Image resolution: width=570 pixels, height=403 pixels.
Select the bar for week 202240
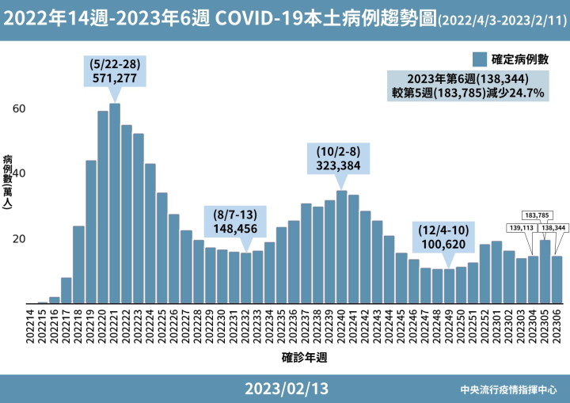click(341, 247)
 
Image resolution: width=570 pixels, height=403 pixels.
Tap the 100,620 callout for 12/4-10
click(449, 238)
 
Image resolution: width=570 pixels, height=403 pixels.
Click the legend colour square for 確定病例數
click(478, 59)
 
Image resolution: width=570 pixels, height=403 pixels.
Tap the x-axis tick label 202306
click(557, 325)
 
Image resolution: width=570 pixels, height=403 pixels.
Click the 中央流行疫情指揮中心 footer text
click(509, 390)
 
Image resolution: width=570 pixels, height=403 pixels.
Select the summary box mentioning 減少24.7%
click(468, 86)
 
